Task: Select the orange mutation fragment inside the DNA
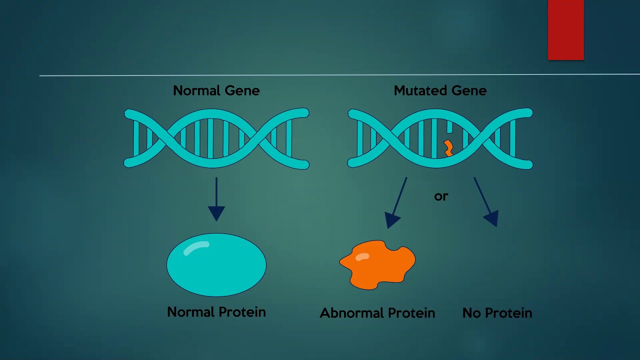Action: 448,148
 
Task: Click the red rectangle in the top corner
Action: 565,30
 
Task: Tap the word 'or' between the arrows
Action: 441,196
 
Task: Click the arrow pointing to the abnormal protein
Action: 398,202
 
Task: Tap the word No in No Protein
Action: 471,313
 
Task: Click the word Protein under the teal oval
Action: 242,312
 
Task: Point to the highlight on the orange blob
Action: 362,257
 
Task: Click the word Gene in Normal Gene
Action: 242,91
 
